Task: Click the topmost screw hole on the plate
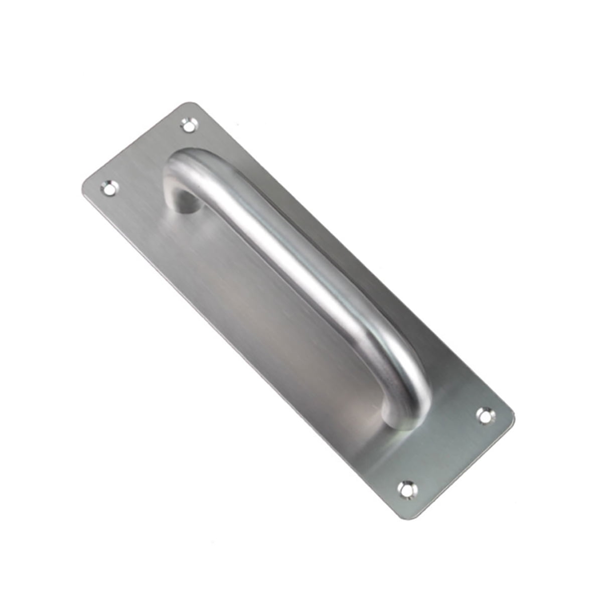click(189, 124)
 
